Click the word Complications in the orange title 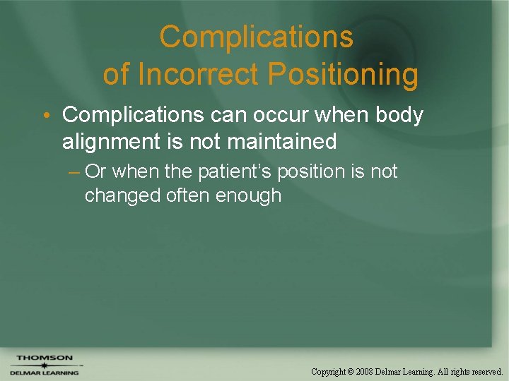click(255, 37)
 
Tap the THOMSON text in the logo click(44, 358)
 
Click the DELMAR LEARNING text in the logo click(44, 373)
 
